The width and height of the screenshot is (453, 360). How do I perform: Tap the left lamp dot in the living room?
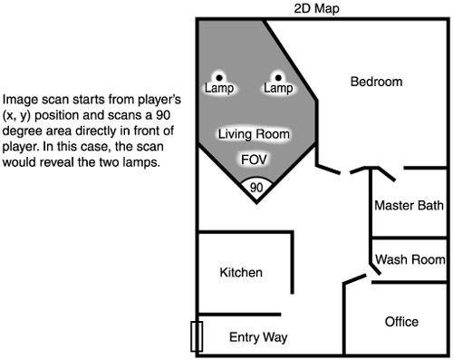tap(218, 77)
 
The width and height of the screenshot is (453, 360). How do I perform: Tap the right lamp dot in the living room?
tap(278, 77)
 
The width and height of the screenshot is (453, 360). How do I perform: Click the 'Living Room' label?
tap(254, 134)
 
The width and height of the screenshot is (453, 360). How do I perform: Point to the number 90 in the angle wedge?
tap(256, 188)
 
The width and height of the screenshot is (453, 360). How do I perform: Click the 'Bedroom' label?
tap(376, 83)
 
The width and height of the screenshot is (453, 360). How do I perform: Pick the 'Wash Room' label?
tap(409, 258)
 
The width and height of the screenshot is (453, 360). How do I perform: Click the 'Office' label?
tap(400, 322)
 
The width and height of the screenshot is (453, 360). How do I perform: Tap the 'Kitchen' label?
tap(241, 272)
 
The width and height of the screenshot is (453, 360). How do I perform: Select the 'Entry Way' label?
tap(258, 337)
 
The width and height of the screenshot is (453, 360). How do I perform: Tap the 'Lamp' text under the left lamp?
tap(218, 89)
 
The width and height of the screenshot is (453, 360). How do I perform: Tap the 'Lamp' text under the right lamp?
tap(278, 89)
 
